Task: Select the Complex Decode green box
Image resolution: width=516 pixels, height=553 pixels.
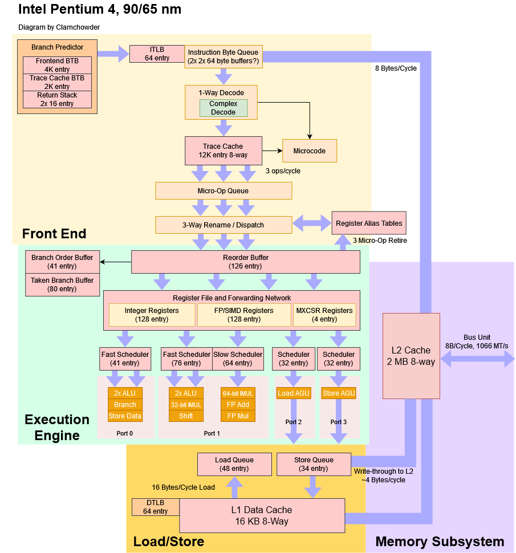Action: tap(224, 108)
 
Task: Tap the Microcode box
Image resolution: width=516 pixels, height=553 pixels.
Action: tap(310, 151)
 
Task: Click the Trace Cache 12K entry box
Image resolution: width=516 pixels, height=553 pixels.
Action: tap(224, 151)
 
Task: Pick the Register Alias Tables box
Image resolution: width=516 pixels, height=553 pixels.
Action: tap(369, 223)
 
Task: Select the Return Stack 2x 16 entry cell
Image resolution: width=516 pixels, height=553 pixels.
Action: tap(57, 99)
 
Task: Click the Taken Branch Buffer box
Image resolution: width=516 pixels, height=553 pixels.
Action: tap(62, 284)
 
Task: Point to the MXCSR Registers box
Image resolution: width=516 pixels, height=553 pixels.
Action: tap(324, 315)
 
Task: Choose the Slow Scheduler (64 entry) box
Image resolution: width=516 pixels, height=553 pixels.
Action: tap(238, 359)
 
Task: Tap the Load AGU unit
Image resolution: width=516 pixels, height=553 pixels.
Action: tap(294, 393)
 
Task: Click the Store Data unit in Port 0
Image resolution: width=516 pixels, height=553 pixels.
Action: tap(125, 416)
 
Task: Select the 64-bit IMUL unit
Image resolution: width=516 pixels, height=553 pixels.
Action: tap(238, 393)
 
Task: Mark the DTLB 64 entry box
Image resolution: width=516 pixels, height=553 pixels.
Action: tap(155, 507)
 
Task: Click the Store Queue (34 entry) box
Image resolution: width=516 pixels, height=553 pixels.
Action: tap(314, 464)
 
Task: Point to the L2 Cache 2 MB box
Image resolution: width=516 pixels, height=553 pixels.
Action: tap(411, 356)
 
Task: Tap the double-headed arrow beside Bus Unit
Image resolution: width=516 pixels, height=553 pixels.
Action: tap(478, 359)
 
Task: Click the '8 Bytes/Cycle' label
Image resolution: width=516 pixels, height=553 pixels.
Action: tap(396, 68)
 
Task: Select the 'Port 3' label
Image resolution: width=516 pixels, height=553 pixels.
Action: tap(339, 422)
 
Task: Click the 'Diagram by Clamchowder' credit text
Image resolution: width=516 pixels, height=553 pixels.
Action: tap(59, 27)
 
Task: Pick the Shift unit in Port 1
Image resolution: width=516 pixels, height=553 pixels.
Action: tap(186, 416)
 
